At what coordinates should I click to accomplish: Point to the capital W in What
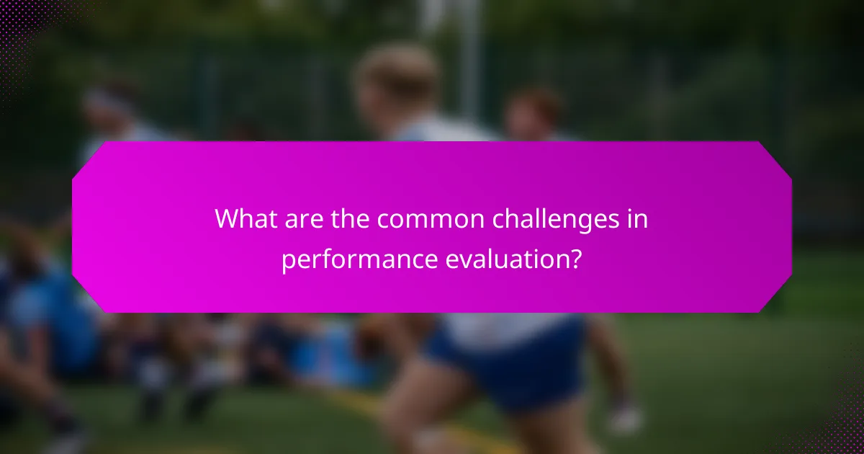click(225, 219)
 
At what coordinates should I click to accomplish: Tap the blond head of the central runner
click(397, 76)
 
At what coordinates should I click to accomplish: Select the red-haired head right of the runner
click(534, 112)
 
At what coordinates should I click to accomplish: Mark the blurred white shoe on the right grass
click(625, 418)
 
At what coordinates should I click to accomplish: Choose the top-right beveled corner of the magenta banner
click(775, 158)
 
